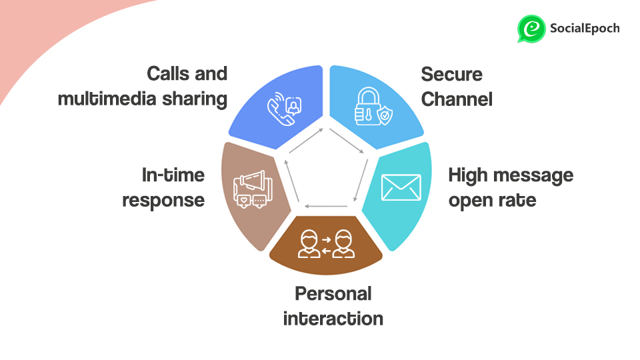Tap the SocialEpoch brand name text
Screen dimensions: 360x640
(585, 28)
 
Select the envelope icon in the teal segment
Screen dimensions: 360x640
(401, 187)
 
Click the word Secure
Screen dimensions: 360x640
(451, 74)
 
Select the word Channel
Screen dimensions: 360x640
(457, 99)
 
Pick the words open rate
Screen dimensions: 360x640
(492, 200)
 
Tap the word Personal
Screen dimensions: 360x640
(333, 293)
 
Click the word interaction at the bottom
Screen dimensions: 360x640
(333, 318)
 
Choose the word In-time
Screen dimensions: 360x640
(173, 175)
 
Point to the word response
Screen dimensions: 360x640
(163, 200)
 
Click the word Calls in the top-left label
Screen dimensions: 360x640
(169, 73)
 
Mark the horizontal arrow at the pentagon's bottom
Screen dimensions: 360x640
(326, 207)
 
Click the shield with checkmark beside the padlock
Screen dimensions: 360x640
(385, 117)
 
